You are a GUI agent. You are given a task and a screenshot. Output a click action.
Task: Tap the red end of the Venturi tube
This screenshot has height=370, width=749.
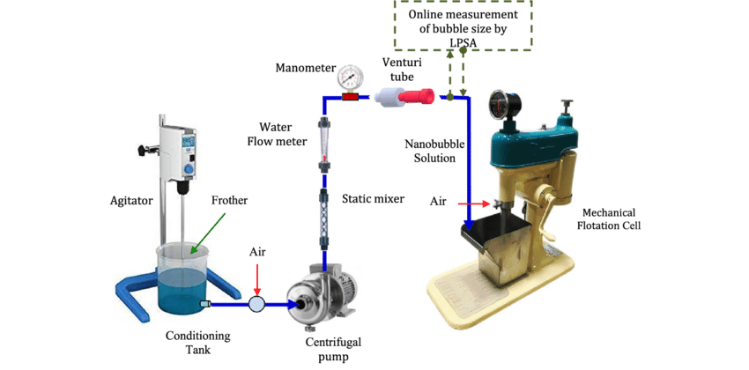tap(421, 97)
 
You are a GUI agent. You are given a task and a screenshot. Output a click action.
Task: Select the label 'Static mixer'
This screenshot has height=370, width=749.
tap(373, 199)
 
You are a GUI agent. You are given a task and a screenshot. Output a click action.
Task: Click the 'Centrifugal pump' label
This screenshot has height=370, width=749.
tap(333, 348)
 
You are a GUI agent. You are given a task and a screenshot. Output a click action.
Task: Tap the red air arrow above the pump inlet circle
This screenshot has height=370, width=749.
tap(256, 278)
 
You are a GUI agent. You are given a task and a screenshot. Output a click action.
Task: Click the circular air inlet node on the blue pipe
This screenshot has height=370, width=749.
tap(256, 304)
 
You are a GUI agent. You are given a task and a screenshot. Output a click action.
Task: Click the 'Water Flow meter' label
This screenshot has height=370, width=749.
tap(284, 134)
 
